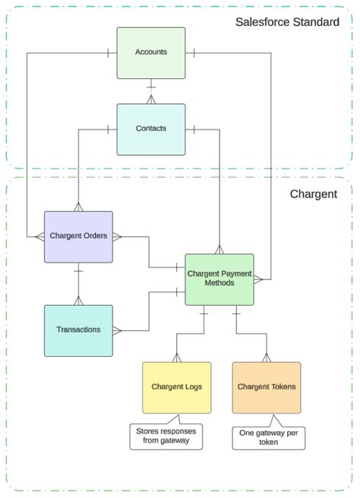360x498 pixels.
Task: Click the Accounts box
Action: coord(151,53)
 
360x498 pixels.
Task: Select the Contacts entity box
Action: coord(151,129)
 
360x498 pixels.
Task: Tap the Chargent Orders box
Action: coord(78,237)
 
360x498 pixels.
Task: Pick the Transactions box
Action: coord(78,331)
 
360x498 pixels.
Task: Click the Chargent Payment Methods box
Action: coord(219,279)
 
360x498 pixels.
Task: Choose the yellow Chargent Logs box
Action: coord(177,387)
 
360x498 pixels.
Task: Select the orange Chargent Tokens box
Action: coord(267,387)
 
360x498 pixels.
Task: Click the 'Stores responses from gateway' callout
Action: coord(166,436)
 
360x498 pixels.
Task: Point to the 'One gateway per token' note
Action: coord(269,438)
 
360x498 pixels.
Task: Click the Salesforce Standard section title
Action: coord(287,22)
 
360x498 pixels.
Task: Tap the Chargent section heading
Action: coord(314,194)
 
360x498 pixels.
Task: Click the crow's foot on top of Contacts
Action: coord(151,99)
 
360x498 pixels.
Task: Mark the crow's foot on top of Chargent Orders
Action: coord(78,207)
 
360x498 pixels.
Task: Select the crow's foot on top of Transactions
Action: coord(78,301)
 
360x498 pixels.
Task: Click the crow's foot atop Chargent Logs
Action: coord(177,358)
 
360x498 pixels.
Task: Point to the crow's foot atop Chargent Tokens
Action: coord(267,358)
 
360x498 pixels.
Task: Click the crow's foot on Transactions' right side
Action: coord(117,331)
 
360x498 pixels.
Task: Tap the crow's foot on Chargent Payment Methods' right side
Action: coord(258,279)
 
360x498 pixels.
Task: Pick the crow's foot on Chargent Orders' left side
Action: coord(39,237)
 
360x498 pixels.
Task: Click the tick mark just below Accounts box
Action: coord(151,87)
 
